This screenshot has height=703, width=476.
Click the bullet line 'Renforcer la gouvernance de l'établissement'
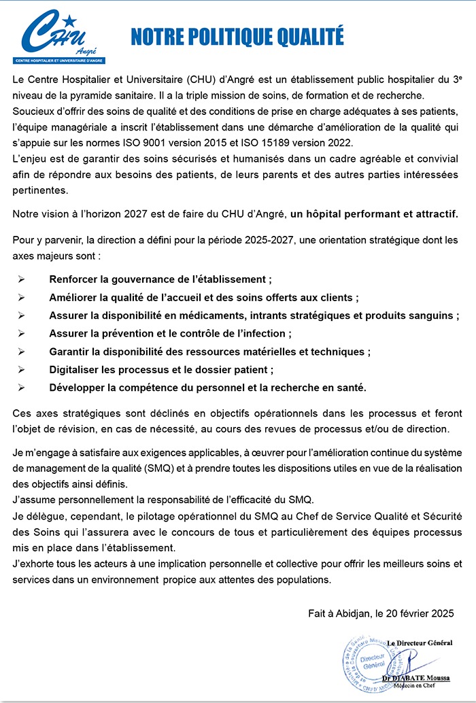pyautogui.click(x=160, y=279)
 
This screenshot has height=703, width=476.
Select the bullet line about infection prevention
pyautogui.click(x=170, y=333)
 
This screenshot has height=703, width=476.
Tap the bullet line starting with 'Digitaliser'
pyautogui.click(x=161, y=370)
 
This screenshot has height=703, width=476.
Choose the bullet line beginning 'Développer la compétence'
pyautogui.click(x=207, y=388)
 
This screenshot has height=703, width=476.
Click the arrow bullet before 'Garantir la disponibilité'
pyautogui.click(x=22, y=351)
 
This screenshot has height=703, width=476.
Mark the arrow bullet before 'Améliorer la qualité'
pyautogui.click(x=22, y=297)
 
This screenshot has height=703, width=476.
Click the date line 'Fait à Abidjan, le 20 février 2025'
pyautogui.click(x=381, y=613)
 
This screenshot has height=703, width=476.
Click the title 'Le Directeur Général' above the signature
pyautogui.click(x=420, y=642)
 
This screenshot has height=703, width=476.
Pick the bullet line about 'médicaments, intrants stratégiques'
pyautogui.click(x=250, y=315)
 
